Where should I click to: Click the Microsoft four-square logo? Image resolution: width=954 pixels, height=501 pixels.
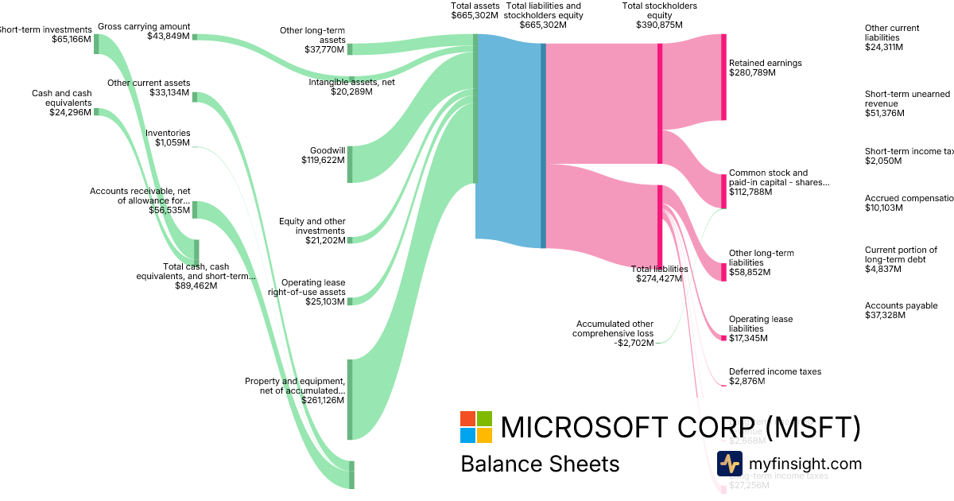476,427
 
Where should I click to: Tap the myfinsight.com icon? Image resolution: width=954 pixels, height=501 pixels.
729,464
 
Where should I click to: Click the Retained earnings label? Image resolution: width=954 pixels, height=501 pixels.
765,63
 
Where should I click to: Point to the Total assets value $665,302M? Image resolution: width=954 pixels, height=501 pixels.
474,15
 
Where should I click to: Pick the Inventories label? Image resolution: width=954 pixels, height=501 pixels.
168,133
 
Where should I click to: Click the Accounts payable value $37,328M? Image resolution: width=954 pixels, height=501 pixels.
883,316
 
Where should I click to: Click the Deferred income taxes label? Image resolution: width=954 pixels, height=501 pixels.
774,371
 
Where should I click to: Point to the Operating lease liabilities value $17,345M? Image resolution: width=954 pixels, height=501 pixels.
747,338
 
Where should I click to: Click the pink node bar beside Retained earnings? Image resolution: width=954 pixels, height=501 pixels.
723,76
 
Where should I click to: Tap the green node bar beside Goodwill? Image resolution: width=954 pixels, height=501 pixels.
350,164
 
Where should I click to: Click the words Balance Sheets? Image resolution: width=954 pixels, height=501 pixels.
540,464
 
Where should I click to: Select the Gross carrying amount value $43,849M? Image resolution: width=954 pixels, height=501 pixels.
169,36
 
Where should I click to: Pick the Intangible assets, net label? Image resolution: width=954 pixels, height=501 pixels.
351,82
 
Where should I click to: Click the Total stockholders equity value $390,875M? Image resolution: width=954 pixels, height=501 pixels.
659,25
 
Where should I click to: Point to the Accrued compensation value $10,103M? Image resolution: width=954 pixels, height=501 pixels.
883,208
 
